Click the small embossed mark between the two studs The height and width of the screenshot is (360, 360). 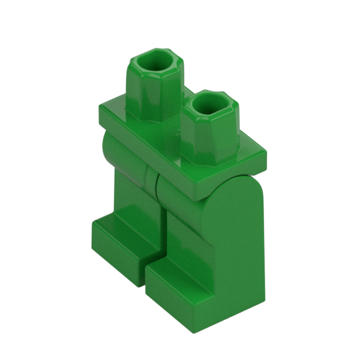[176, 129]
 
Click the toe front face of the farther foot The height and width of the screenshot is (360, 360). [117, 252]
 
